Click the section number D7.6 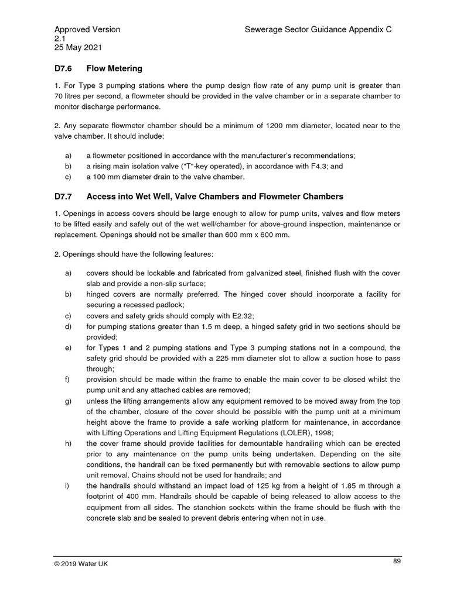(x=64, y=68)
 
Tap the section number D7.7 (x=64, y=196)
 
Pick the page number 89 (x=397, y=561)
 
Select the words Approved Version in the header (x=87, y=29)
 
